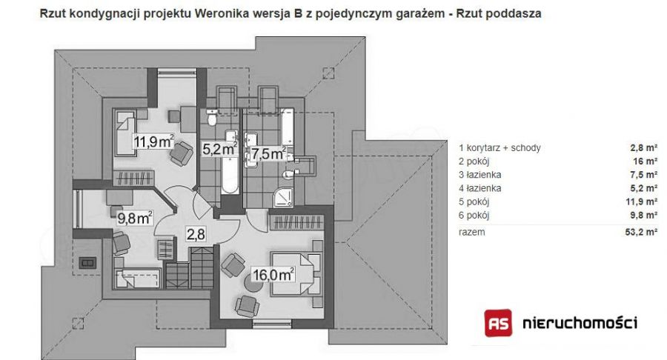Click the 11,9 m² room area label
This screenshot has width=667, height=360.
154,141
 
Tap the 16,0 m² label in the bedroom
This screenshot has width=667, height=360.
273,275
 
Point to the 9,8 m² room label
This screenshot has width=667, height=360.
135,218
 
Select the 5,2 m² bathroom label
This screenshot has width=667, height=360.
219,149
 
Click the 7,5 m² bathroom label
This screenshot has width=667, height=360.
268,153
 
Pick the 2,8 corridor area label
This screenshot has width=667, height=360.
196,234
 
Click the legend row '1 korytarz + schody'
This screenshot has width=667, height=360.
500,148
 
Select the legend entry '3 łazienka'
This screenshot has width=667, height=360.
479,175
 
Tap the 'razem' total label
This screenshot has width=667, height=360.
472,232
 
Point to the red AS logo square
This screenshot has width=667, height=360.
498,323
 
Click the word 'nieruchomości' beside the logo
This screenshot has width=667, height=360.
580,323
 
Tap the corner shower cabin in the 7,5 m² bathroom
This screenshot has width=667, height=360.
283,197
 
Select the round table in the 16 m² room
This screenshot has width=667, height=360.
253,283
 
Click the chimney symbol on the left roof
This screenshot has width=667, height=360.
87,263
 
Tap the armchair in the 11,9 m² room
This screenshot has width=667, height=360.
182,153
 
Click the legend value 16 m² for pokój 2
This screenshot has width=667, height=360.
646,161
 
